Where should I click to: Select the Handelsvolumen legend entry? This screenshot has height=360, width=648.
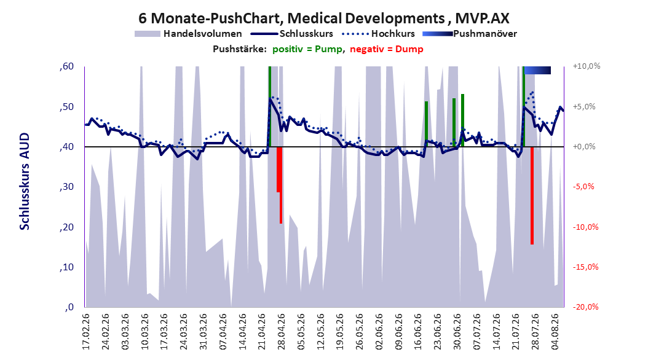(x=189, y=34)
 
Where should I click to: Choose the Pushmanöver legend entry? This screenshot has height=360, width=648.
(x=470, y=34)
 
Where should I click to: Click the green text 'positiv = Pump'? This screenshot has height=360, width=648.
(x=307, y=49)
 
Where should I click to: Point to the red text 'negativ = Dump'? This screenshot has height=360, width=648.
(x=387, y=49)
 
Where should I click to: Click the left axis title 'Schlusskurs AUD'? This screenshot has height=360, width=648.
(x=25, y=181)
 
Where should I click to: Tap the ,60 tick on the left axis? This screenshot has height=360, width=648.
(x=66, y=66)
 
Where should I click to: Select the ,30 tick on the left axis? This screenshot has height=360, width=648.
(x=66, y=187)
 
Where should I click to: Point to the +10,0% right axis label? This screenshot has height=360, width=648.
(x=587, y=66)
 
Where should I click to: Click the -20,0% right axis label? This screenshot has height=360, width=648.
(x=585, y=307)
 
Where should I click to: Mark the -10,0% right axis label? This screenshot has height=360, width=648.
(x=585, y=227)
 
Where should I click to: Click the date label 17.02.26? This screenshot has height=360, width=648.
(x=85, y=332)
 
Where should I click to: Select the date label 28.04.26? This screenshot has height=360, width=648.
(x=281, y=332)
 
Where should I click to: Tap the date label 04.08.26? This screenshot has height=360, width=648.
(x=555, y=332)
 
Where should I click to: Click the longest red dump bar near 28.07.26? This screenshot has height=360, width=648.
(x=532, y=196)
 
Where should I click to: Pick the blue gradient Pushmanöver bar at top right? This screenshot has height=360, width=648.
(x=537, y=70)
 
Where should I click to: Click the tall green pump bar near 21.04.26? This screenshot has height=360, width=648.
(x=270, y=106)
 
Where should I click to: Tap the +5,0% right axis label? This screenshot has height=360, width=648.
(x=584, y=106)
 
